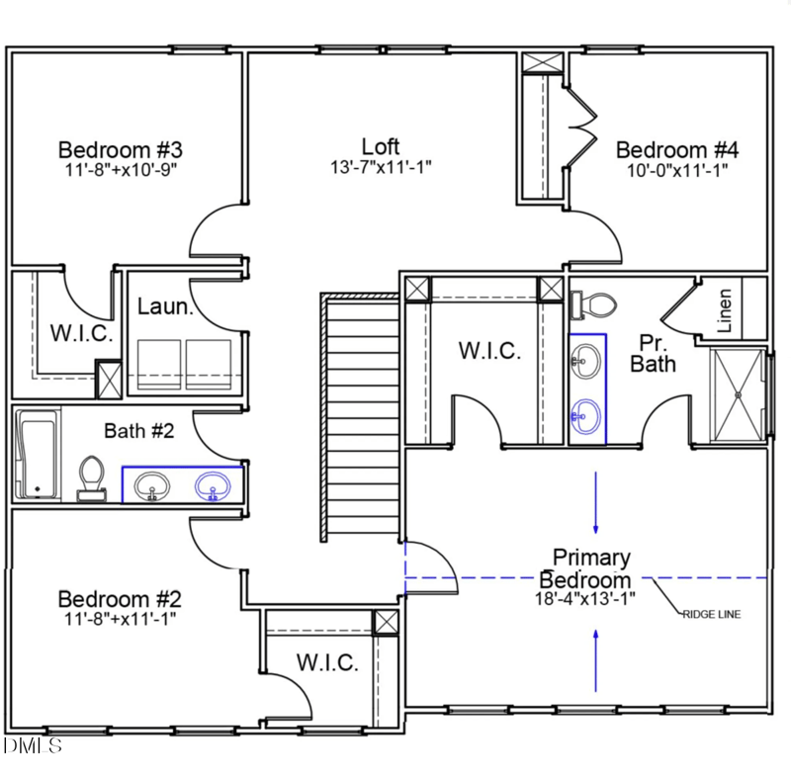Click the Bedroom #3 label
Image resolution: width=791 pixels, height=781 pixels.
(x=120, y=150)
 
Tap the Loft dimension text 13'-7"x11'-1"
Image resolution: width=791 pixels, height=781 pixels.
(x=381, y=168)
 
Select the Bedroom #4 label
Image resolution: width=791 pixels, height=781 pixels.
(x=677, y=150)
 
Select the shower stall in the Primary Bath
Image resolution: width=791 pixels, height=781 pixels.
(x=738, y=392)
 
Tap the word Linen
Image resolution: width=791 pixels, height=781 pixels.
(x=726, y=308)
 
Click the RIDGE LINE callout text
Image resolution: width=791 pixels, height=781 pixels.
(x=711, y=614)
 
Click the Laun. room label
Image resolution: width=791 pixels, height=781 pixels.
(x=164, y=306)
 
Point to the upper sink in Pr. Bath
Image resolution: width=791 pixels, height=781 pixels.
(x=587, y=359)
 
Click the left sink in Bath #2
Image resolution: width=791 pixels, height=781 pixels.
(x=151, y=485)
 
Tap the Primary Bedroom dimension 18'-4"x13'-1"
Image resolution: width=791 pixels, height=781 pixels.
(x=587, y=597)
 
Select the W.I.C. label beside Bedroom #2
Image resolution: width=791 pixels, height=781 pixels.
(x=327, y=662)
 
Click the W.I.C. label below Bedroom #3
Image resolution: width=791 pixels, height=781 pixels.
(x=81, y=332)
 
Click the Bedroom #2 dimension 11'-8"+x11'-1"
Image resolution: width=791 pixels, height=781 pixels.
(x=119, y=619)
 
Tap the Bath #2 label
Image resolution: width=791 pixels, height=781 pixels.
(x=139, y=431)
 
